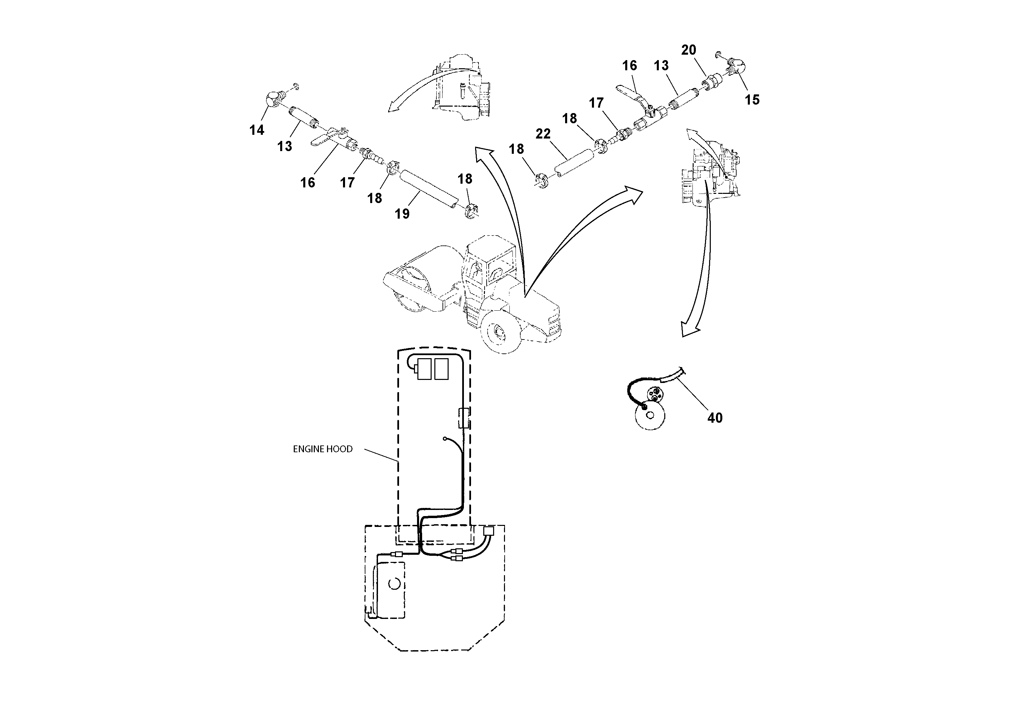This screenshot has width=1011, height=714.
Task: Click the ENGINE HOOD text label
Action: [323, 449]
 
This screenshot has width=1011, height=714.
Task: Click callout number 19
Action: [402, 214]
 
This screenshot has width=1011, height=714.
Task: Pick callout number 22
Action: [543, 134]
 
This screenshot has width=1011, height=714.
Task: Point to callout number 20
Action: [689, 50]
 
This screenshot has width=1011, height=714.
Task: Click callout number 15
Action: [752, 100]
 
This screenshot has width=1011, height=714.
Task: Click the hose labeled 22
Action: [573, 163]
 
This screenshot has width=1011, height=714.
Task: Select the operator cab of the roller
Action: [489, 264]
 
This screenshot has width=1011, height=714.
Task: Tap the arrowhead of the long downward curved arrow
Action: [689, 329]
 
